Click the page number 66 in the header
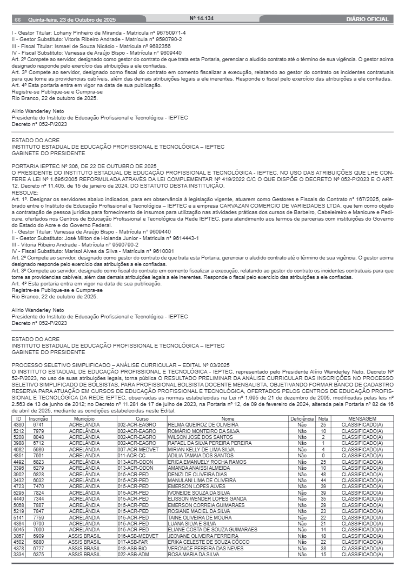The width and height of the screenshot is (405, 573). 17,19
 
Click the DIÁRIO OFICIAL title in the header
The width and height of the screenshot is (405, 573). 367,19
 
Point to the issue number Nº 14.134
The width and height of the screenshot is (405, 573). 202,19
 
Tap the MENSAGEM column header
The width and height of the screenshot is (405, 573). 362,419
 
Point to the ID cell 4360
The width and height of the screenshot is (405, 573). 18,424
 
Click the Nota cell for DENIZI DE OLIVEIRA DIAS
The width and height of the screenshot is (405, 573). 323,474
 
